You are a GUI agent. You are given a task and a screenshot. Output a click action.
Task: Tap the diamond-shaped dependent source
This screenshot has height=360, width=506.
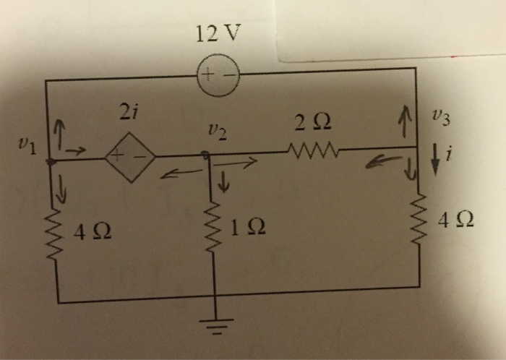pyautogui.click(x=130, y=155)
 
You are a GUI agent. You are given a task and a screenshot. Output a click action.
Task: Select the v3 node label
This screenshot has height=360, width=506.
pyautogui.click(x=440, y=116)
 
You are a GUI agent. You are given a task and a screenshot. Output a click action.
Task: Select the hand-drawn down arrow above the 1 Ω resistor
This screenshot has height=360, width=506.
pyautogui.click(x=225, y=184)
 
